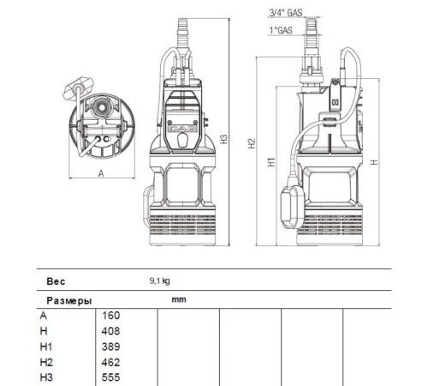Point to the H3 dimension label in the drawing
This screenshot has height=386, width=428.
pos(223,139)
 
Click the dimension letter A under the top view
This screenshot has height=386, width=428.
pos(101,172)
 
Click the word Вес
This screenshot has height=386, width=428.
pos(56,280)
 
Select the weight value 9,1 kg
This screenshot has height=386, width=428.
pos(160,280)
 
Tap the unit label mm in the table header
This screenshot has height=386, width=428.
pos(178,300)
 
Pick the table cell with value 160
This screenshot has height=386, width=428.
pos(110,315)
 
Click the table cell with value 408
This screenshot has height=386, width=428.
pos(110,330)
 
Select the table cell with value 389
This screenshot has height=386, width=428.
pos(110,346)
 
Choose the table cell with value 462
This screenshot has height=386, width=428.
pos(110,361)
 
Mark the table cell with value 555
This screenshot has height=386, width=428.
pos(110,377)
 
